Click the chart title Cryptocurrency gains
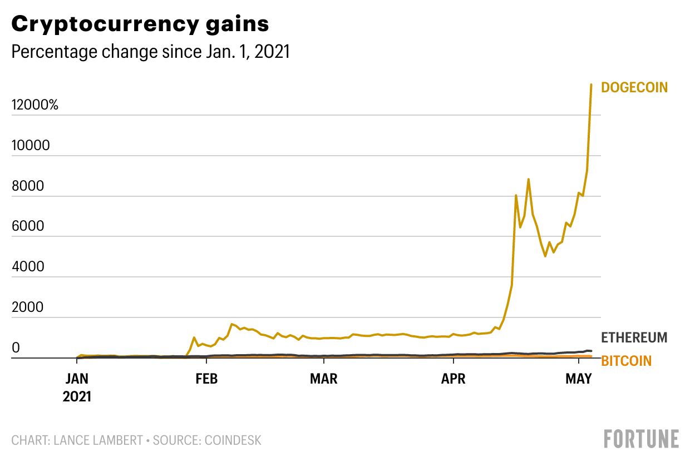(x=140, y=24)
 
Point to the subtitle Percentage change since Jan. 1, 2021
(x=151, y=52)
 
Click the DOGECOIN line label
(x=634, y=87)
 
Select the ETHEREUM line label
(x=634, y=337)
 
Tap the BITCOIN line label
(x=626, y=361)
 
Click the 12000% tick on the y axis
(x=35, y=106)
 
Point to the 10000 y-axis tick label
(x=31, y=146)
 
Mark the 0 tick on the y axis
(x=16, y=348)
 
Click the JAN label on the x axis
(x=77, y=380)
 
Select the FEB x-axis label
(x=206, y=380)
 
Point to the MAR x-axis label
(x=324, y=380)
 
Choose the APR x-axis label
(x=454, y=380)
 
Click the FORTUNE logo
(x=642, y=439)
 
